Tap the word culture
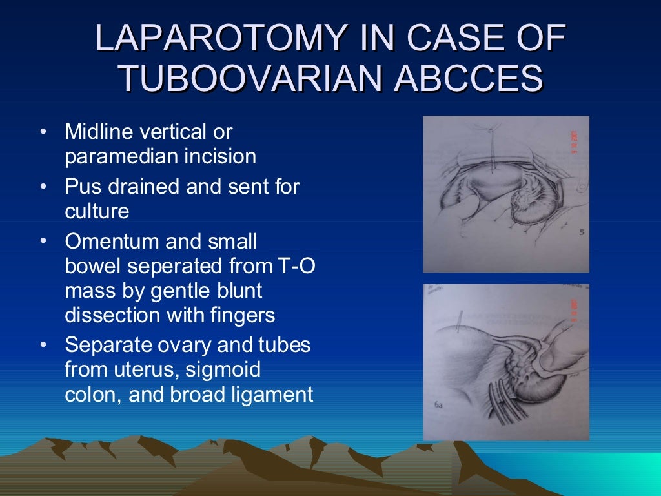pyautogui.click(x=97, y=211)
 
